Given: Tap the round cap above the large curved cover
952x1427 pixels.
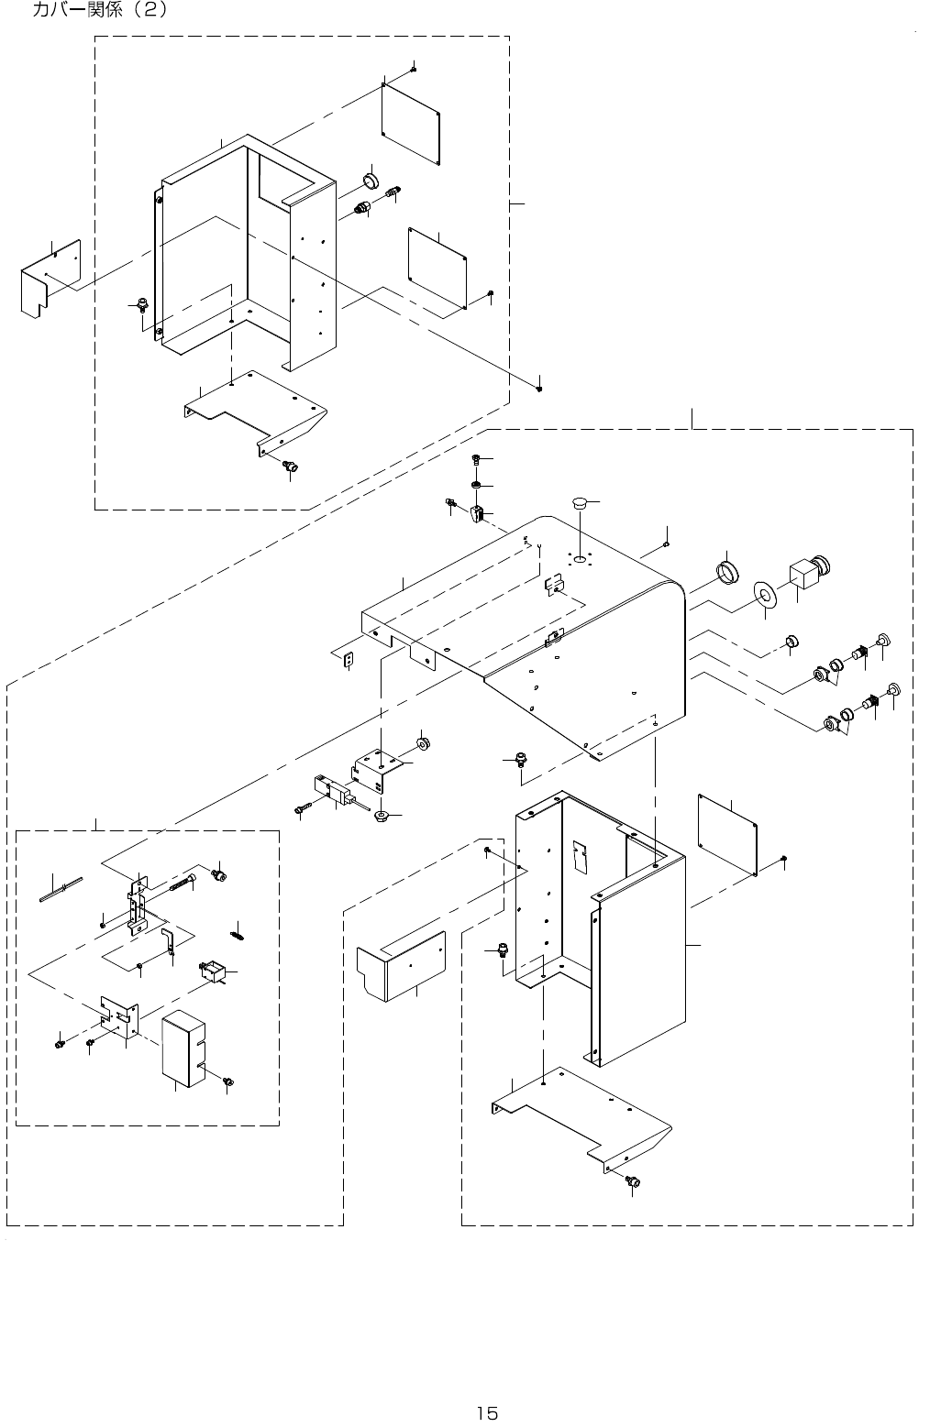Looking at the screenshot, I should point(580,502).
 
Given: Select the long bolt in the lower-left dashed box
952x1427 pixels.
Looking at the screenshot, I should point(183,885).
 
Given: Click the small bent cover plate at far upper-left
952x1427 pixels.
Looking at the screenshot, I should point(50,279).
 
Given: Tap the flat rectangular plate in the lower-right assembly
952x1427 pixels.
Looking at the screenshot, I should point(727,834).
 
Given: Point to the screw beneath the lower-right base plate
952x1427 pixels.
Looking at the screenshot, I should point(632,1181).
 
